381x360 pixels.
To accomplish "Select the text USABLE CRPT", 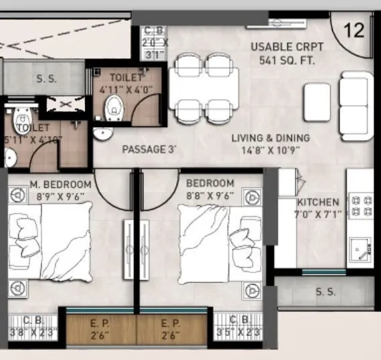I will click(287, 47).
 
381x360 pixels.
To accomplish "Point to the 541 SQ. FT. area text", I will click(287, 60).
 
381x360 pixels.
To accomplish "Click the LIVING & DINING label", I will click(271, 138).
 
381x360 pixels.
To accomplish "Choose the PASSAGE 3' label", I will click(149, 149).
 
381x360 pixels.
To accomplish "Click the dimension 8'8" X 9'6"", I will click(210, 196).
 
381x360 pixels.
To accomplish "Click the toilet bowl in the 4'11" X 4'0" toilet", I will click(115, 106).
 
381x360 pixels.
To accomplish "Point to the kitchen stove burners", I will click(362, 205).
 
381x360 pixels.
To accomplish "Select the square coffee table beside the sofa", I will click(317, 102).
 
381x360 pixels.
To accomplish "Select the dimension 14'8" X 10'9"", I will click(271, 151).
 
